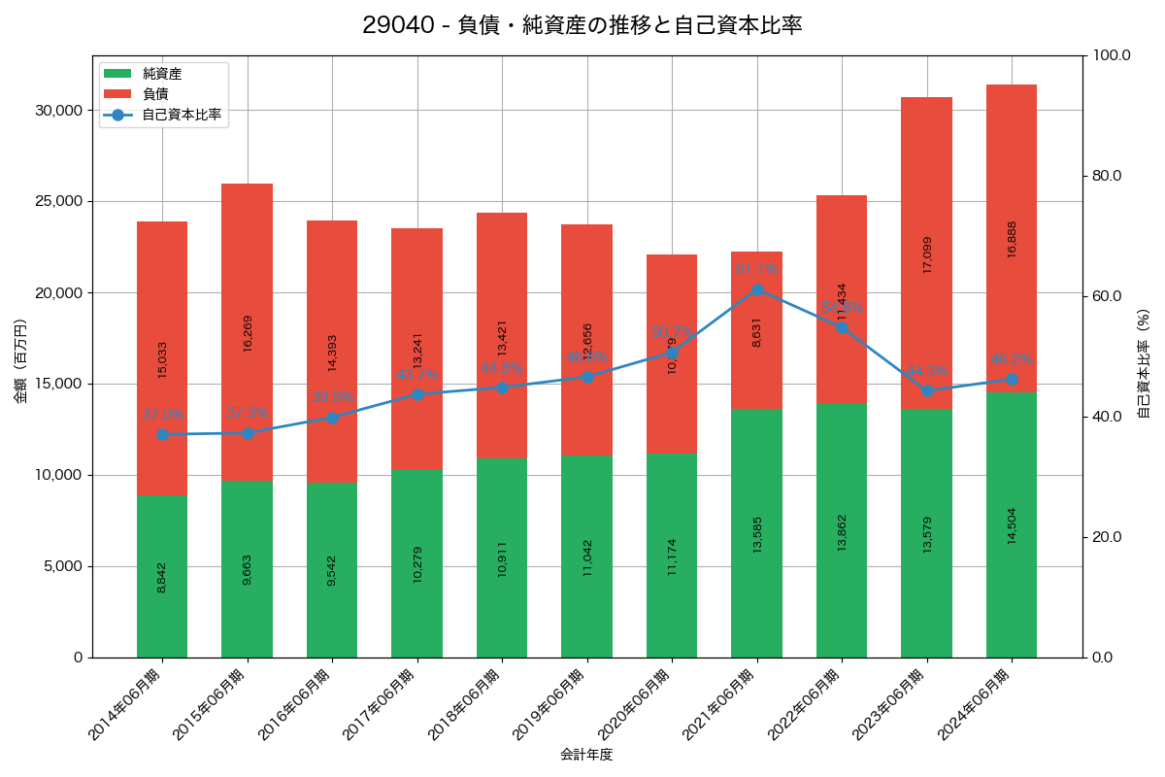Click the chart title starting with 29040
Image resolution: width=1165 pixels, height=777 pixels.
pos(582,25)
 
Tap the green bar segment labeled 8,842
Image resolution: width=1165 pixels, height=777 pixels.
pos(162,576)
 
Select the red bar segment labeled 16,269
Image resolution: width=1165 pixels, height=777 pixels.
pos(247,332)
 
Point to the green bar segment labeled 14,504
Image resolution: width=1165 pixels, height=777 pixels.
pos(1012,524)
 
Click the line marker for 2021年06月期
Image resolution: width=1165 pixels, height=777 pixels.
pos(757,289)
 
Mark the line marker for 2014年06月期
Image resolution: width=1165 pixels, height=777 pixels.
pos(162,434)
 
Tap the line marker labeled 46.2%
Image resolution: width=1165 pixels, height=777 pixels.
pos(1012,380)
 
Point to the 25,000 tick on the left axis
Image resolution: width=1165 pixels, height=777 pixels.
pos(59,202)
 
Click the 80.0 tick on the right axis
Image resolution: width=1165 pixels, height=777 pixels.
pos(1106,176)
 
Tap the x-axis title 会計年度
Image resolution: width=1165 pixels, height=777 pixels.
pos(586,755)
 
